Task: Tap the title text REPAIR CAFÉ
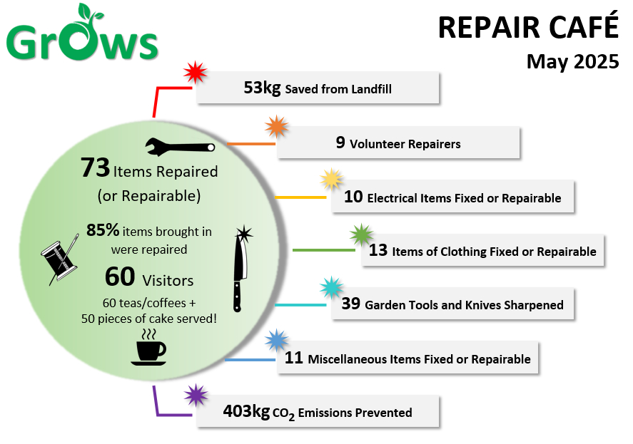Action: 527,28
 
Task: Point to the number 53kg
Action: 262,88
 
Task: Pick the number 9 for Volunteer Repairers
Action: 340,143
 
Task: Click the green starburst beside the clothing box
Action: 362,234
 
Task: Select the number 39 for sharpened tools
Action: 350,304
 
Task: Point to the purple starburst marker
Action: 195,395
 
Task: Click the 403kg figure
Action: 246,411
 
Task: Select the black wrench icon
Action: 180,146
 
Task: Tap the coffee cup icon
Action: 148,347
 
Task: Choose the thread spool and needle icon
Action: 59,257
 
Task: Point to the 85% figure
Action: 102,230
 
